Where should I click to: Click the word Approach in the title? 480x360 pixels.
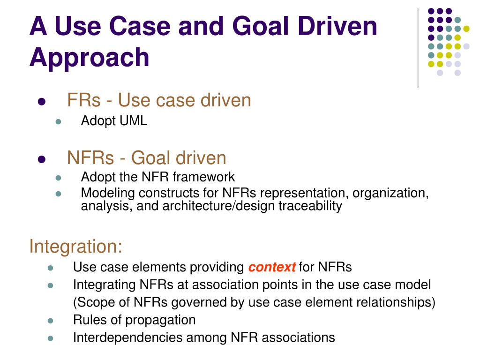89,58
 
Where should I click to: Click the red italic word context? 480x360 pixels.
272,267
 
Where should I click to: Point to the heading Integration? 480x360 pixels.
75,246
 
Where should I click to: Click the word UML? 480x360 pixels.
135,121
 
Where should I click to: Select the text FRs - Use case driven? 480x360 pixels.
159,100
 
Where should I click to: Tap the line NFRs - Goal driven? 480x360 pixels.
147,158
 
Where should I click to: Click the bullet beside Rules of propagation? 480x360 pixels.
51,321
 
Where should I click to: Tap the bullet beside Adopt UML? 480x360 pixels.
59,122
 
